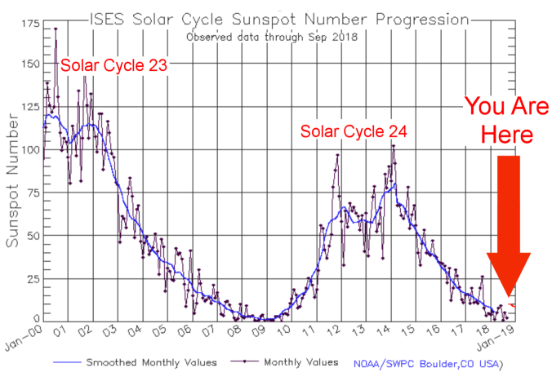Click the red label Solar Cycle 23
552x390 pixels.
(x=114, y=65)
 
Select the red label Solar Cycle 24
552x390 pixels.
(x=354, y=131)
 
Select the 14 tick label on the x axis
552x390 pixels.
(x=386, y=331)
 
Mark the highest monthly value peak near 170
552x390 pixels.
(x=56, y=29)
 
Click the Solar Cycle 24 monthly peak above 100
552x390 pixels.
(x=393, y=146)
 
